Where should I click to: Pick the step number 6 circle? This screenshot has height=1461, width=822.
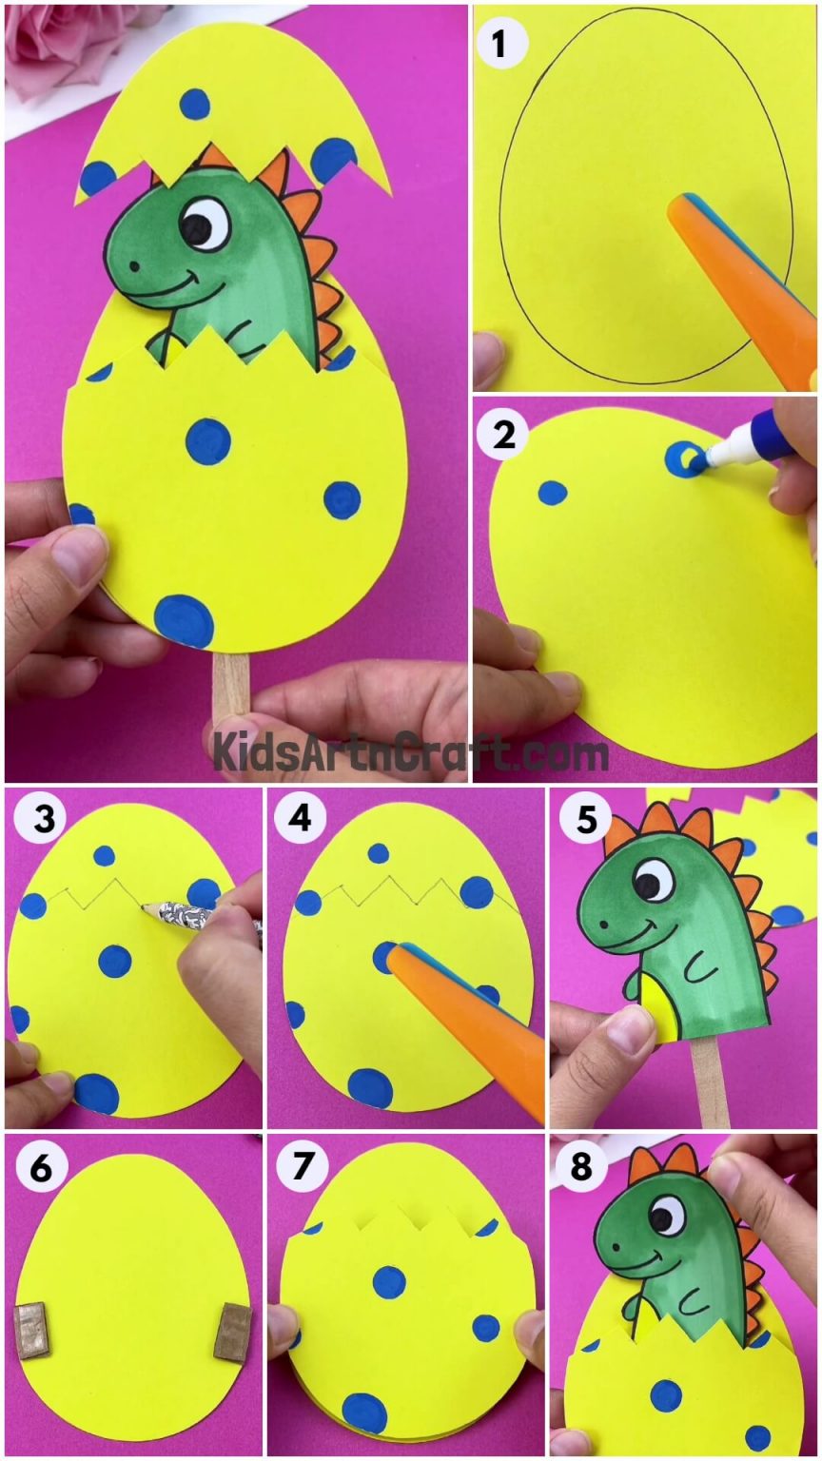40,1168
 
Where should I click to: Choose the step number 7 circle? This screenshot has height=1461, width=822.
302,1168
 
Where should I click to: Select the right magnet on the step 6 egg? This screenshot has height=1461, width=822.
232,1330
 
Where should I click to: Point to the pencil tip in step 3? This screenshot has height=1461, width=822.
146,907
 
